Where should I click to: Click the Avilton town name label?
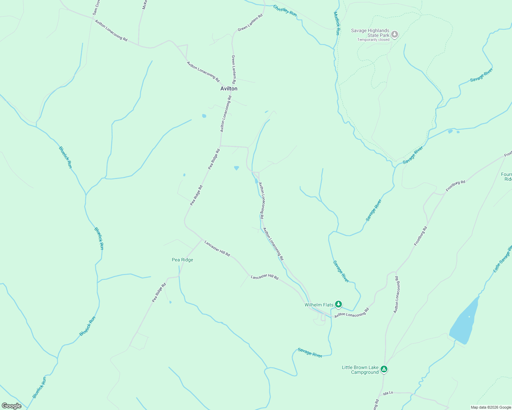click(229, 88)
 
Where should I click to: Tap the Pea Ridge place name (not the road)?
click(182, 260)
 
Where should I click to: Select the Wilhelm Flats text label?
click(319, 305)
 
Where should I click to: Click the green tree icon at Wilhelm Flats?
click(338, 304)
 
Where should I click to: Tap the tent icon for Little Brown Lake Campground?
click(384, 369)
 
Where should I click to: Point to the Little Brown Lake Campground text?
click(360, 370)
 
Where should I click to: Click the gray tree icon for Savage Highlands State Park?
click(395, 34)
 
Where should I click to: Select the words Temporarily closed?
click(373, 40)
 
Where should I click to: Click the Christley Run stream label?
click(285, 10)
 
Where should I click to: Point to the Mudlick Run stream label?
click(337, 23)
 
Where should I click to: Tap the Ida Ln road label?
click(388, 393)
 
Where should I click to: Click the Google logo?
click(12, 406)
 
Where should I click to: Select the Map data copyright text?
click(491, 407)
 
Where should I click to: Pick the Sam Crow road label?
click(96, 8)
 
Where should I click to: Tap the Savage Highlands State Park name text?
click(370, 33)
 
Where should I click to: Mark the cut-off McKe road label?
click(144, 4)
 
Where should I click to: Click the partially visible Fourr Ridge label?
click(507, 177)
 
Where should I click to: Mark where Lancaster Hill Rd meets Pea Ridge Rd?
click(202, 240)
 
